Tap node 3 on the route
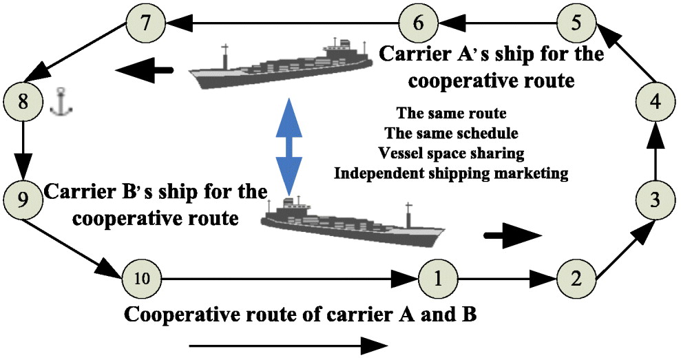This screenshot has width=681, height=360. pyautogui.click(x=656, y=200)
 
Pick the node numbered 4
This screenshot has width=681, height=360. pyautogui.click(x=656, y=102)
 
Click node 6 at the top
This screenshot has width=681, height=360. pyautogui.click(x=419, y=23)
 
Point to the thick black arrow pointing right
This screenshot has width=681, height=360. pyautogui.click(x=513, y=235)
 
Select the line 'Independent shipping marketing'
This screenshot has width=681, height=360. pyautogui.click(x=451, y=173)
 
